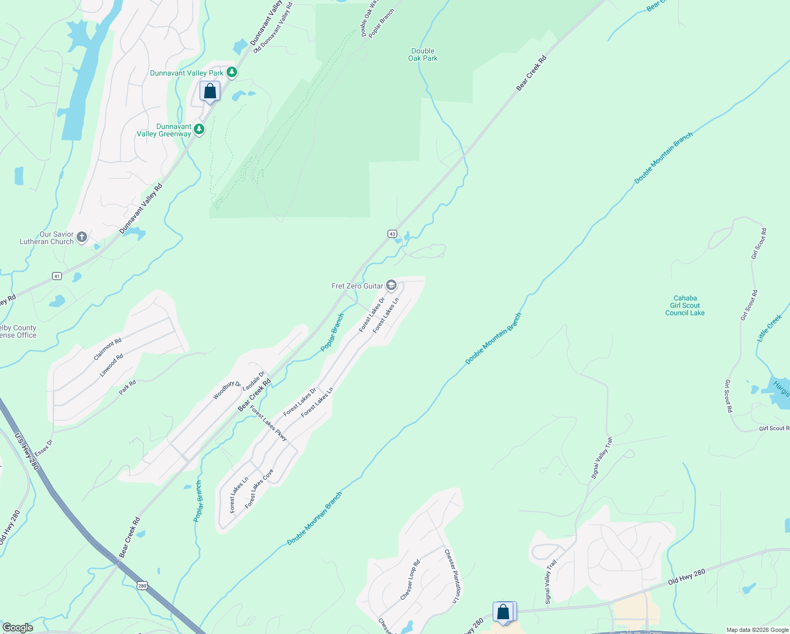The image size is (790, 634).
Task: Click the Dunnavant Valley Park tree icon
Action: click(231, 73)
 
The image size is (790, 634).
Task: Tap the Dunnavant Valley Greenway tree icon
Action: click(199, 129)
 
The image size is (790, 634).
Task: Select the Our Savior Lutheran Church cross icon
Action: click(82, 237)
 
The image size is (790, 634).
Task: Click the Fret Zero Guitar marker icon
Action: click(391, 286)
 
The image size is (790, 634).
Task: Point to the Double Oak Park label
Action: click(423, 55)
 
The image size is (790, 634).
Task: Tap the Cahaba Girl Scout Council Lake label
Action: click(685, 305)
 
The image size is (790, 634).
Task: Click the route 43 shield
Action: click(392, 234)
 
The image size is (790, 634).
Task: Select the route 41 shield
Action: click(57, 276)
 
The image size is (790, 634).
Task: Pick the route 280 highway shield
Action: click(142, 585)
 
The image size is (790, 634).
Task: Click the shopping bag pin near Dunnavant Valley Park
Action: click(210, 91)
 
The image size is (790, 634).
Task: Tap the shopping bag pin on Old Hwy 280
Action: click(503, 612)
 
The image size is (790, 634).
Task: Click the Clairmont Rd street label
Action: click(108, 349)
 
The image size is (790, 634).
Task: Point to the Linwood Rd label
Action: click(111, 365)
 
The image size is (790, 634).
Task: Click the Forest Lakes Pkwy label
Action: click(268, 423)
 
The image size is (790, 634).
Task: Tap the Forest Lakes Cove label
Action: click(259, 489)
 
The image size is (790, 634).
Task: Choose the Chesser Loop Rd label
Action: click(410, 580)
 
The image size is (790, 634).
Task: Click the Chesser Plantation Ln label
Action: click(452, 576)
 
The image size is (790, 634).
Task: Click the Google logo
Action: click(17, 628)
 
